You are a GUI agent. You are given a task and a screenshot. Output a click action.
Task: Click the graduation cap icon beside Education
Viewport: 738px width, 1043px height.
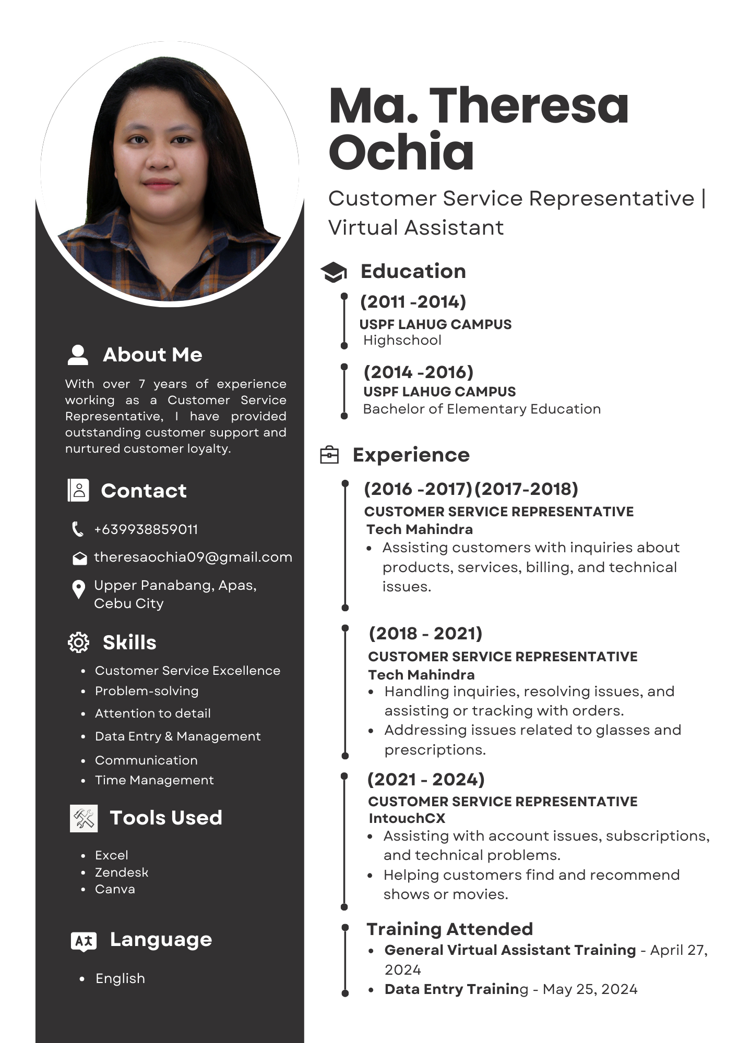[x=334, y=272]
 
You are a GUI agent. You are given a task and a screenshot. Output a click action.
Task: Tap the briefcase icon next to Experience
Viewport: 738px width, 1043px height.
[x=329, y=455]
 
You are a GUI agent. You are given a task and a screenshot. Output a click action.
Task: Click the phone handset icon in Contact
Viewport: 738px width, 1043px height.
[x=78, y=529]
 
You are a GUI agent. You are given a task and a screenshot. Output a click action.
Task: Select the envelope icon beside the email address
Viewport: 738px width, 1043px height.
[x=79, y=559]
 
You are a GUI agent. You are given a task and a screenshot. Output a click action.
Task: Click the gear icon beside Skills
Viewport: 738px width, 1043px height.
[x=79, y=642]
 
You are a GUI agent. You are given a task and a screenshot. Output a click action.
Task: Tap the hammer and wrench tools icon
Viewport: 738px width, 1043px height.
[x=84, y=818]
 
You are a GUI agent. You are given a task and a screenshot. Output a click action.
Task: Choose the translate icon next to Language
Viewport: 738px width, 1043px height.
[x=84, y=941]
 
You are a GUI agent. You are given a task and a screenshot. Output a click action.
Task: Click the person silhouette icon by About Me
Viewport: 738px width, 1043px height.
[x=78, y=355]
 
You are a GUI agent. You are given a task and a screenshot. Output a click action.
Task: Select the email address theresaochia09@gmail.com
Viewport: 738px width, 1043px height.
[x=193, y=557]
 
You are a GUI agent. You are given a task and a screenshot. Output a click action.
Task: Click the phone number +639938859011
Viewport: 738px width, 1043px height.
[x=146, y=529]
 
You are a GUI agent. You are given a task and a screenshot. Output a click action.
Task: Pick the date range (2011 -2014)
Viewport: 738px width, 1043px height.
[x=413, y=301]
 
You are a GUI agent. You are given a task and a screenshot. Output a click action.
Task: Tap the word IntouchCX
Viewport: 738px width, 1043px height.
[x=407, y=818]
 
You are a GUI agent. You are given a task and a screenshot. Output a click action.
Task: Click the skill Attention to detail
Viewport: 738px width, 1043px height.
[x=152, y=713]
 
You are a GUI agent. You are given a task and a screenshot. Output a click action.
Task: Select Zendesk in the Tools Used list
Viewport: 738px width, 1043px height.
[x=122, y=872]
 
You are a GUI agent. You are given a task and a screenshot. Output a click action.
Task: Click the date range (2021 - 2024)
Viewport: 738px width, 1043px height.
[x=426, y=780]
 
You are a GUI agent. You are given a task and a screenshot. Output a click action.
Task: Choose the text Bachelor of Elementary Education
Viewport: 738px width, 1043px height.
[x=482, y=409]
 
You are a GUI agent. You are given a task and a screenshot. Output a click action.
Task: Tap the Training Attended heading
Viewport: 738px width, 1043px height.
[x=449, y=929]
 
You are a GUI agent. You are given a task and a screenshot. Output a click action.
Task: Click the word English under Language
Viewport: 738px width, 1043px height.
[x=120, y=979]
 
